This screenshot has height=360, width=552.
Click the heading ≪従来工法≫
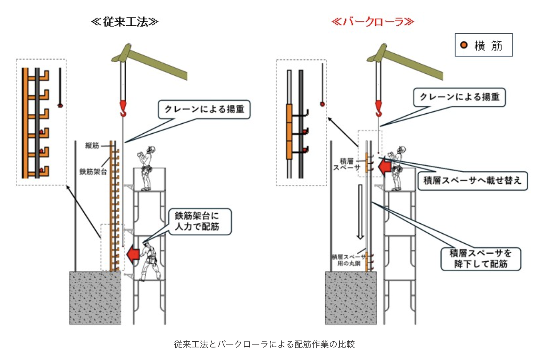coord(124,22)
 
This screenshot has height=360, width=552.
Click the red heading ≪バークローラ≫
coord(372,22)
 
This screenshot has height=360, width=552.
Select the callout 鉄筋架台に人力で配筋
coord(199,222)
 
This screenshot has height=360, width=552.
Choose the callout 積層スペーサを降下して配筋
coord(480,258)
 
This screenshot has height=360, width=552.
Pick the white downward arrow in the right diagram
coord(361,212)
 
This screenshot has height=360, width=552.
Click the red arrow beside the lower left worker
coord(133,254)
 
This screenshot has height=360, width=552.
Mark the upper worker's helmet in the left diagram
coord(151,149)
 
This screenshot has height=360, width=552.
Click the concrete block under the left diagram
coord(95,297)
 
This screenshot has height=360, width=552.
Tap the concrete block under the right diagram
coord(351,297)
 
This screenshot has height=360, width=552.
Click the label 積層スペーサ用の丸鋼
coord(348,260)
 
